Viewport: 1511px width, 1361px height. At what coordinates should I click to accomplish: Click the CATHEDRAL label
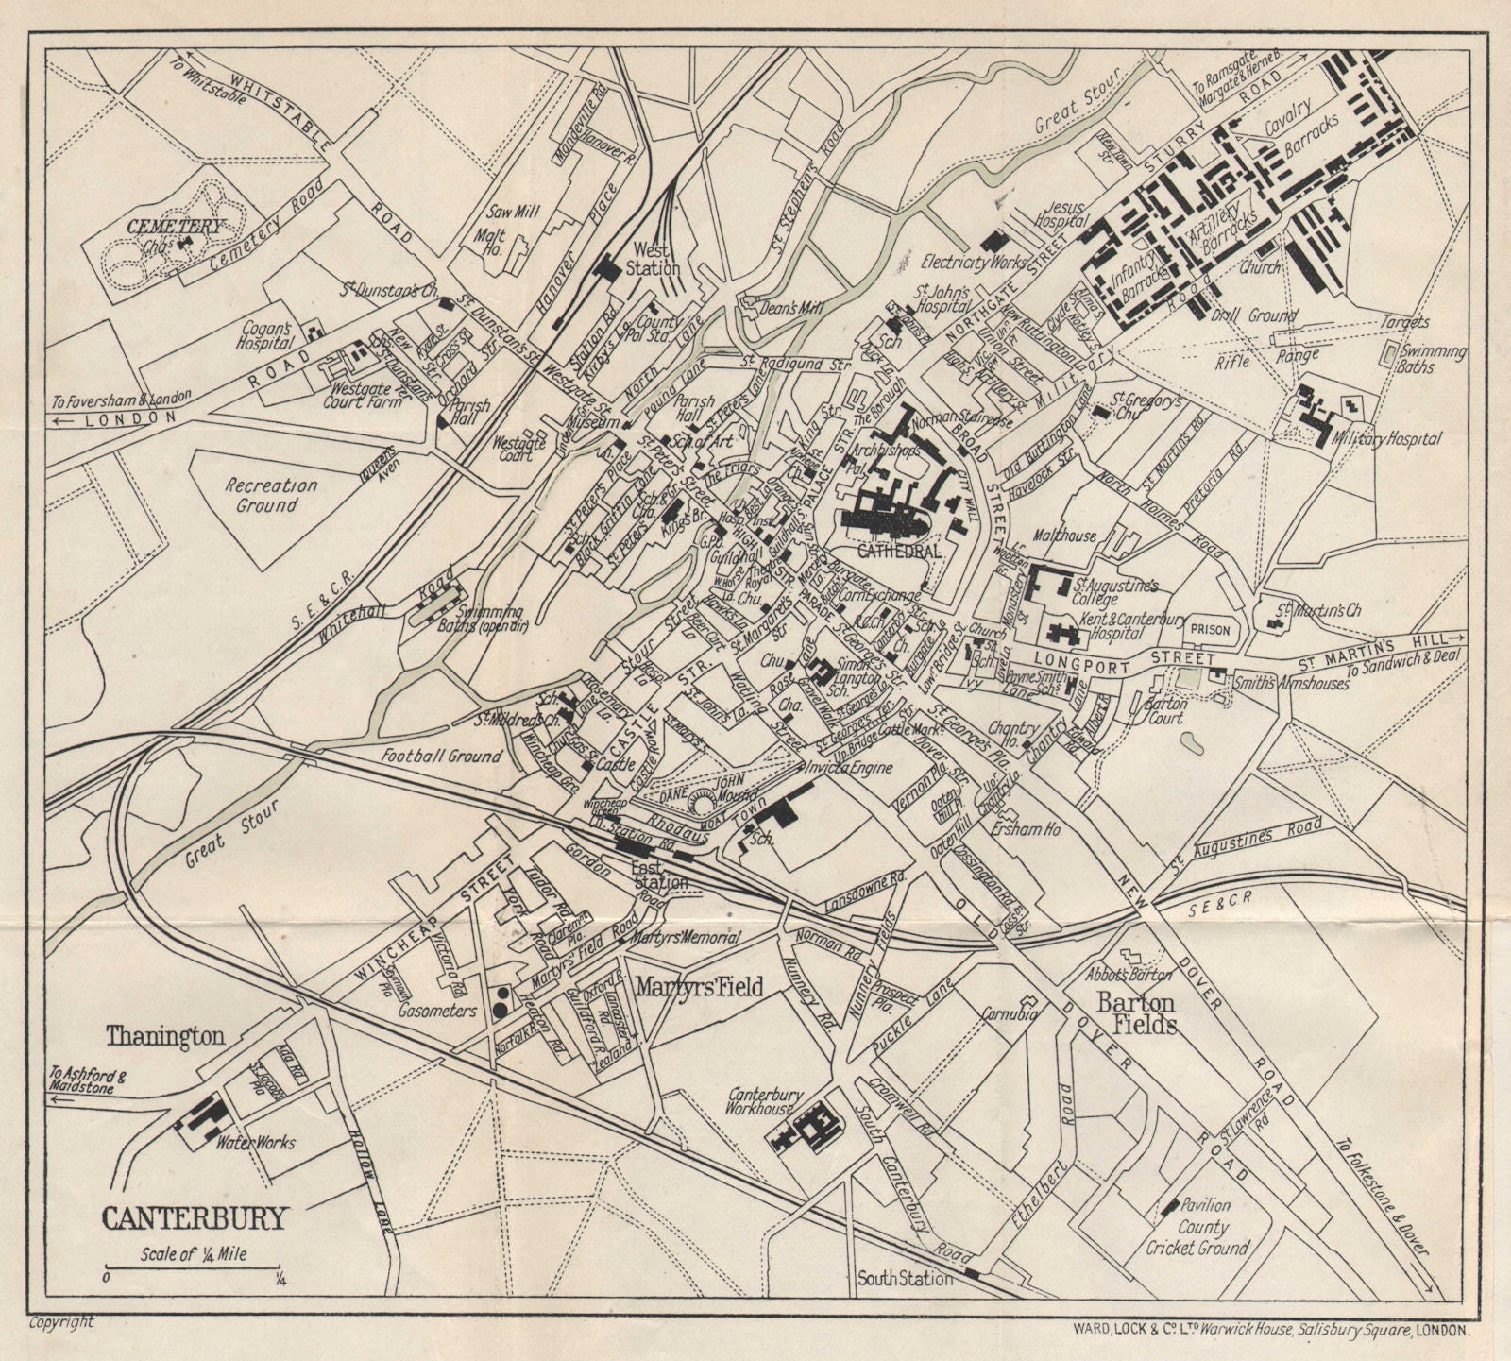pyautogui.click(x=900, y=550)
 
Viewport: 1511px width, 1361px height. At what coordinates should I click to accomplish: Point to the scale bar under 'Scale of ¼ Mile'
pyautogui.click(x=192, y=1267)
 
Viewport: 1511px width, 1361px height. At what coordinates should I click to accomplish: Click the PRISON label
pyautogui.click(x=1210, y=628)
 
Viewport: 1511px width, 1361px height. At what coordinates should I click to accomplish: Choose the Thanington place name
pyautogui.click(x=165, y=1036)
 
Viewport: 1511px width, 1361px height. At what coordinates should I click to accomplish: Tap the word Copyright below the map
pyautogui.click(x=60, y=1322)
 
